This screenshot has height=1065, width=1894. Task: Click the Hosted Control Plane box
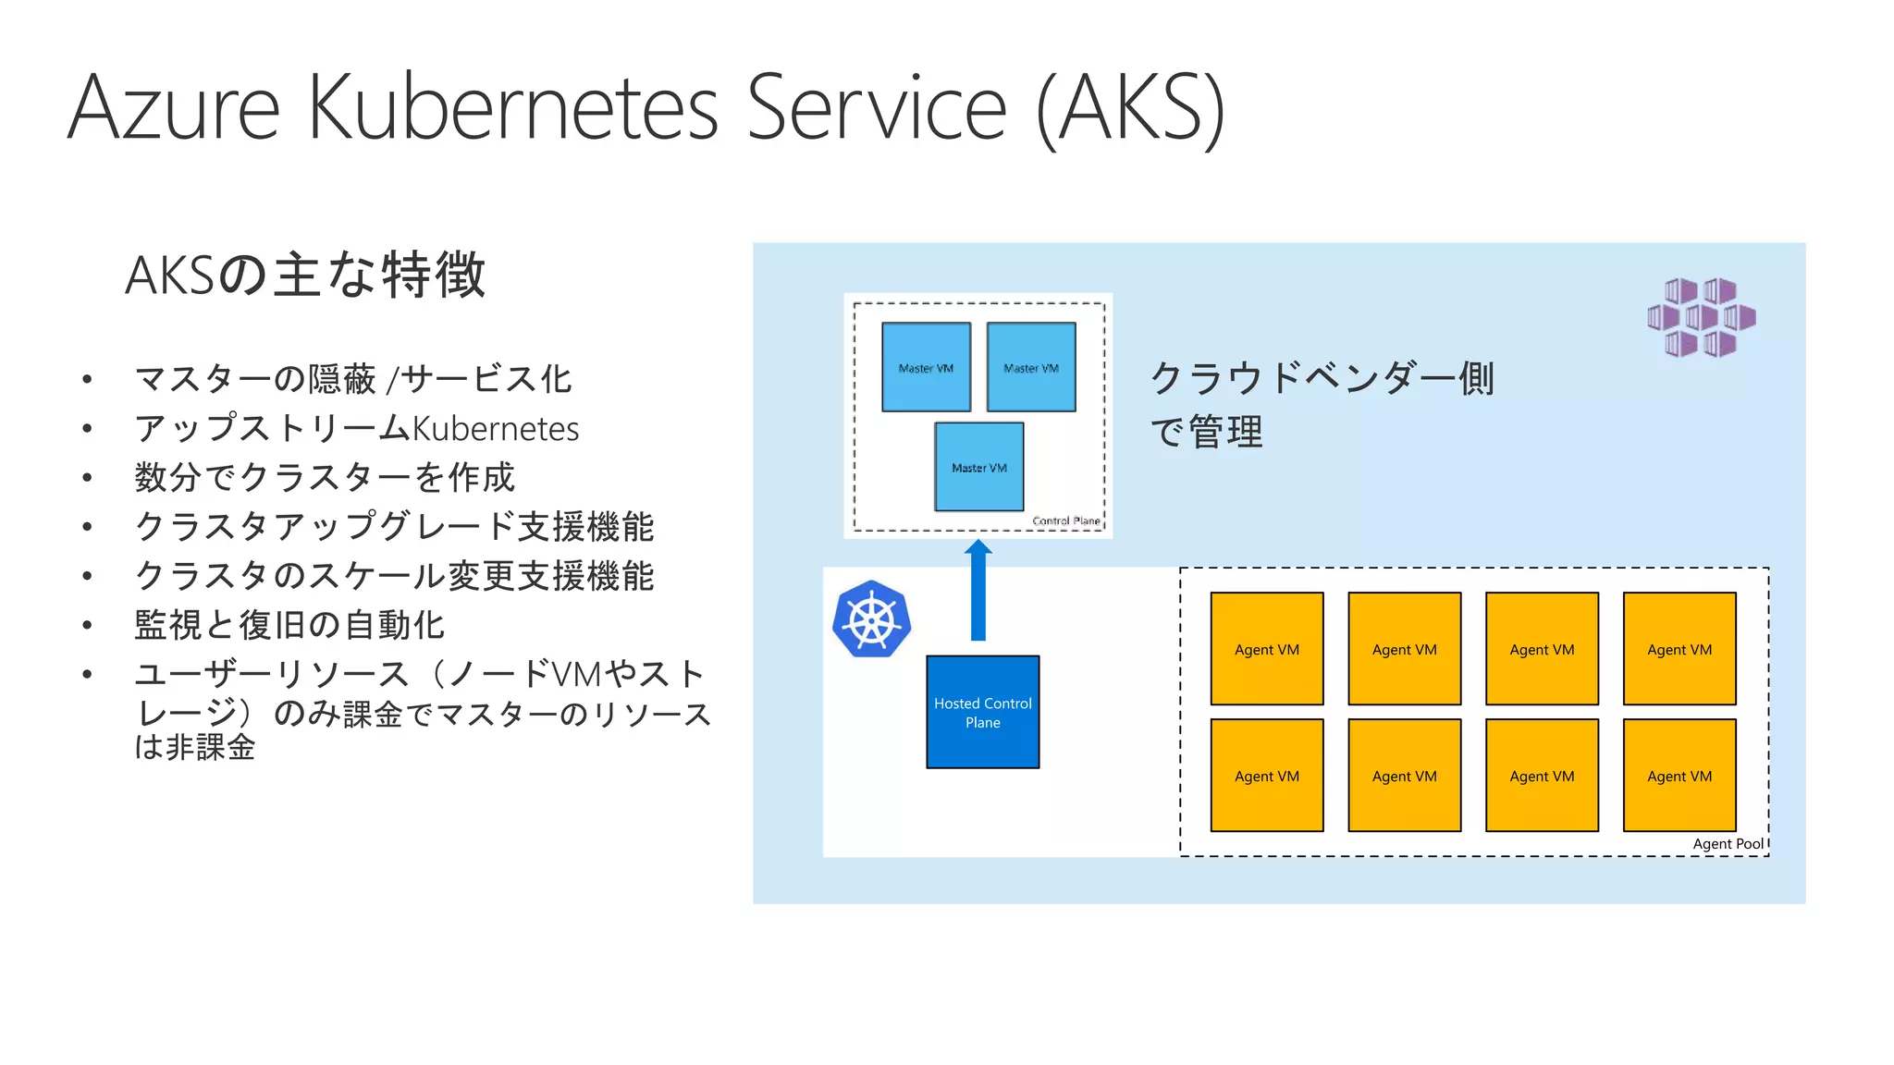pyautogui.click(x=982, y=712)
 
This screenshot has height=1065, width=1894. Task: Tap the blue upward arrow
pyautogui.click(x=978, y=592)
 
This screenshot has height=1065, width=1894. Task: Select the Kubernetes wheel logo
pyautogui.click(x=871, y=619)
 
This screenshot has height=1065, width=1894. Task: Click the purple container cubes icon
pyautogui.click(x=1701, y=317)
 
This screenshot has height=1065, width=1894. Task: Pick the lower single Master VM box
pyautogui.click(x=978, y=467)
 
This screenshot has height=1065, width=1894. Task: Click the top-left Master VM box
pyautogui.click(x=926, y=367)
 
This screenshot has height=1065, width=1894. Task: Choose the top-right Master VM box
pyautogui.click(x=1031, y=367)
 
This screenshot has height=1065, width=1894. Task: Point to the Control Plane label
pyautogui.click(x=1065, y=520)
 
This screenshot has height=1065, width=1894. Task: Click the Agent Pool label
pyautogui.click(x=1728, y=843)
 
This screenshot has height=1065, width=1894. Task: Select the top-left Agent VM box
pyautogui.click(x=1267, y=649)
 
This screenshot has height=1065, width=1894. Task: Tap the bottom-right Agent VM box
pyautogui.click(x=1679, y=776)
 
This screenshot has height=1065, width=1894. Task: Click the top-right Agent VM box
pyautogui.click(x=1679, y=649)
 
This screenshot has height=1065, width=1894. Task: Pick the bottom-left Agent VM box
pyautogui.click(x=1267, y=776)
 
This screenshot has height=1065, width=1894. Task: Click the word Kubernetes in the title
pyautogui.click(x=512, y=108)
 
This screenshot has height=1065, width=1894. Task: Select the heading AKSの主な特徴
pyautogui.click(x=305, y=275)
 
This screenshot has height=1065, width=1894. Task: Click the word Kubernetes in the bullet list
pyautogui.click(x=495, y=429)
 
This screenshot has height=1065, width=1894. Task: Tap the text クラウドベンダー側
pyautogui.click(x=1322, y=377)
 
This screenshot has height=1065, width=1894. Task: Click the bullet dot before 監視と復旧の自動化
pyautogui.click(x=87, y=625)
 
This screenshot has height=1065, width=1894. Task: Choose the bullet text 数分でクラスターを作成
pyautogui.click(x=324, y=478)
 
